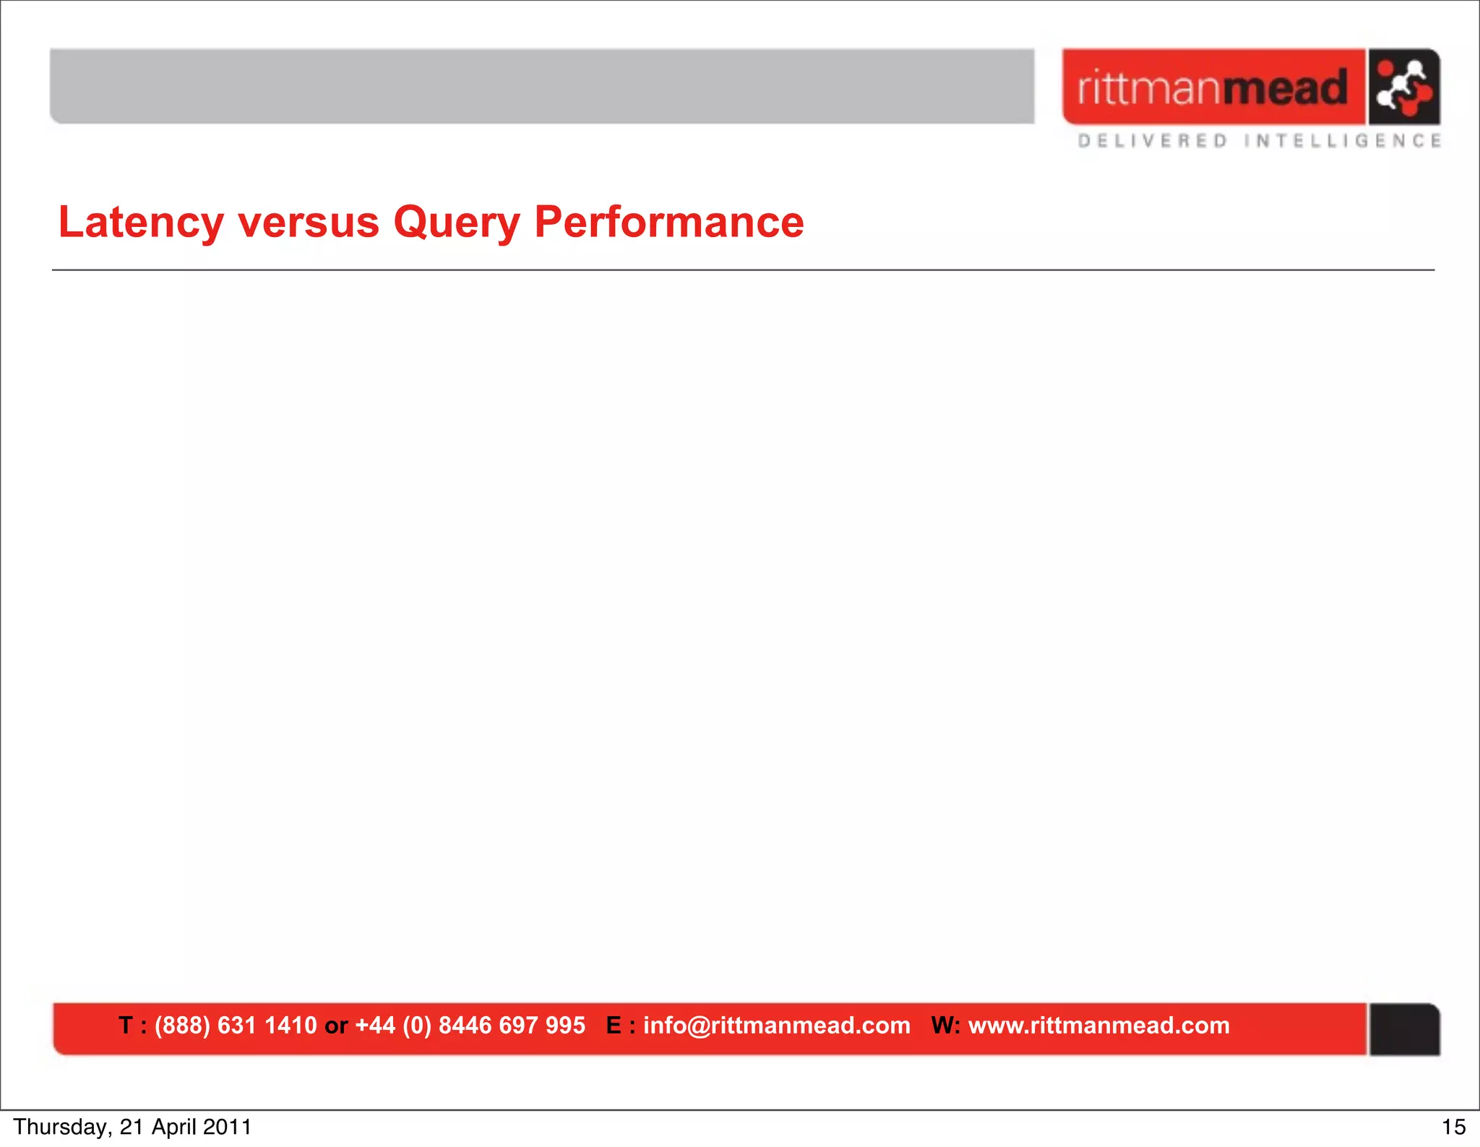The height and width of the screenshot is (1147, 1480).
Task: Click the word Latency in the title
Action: (x=141, y=222)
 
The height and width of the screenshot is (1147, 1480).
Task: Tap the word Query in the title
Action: (x=456, y=222)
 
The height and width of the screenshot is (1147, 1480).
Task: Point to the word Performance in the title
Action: (x=668, y=222)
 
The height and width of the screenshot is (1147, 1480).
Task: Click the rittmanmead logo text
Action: (x=1213, y=87)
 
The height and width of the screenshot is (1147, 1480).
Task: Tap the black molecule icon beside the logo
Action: (x=1403, y=87)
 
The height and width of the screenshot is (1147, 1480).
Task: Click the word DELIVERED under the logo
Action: (x=1153, y=141)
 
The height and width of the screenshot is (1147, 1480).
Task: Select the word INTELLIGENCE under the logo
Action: (x=1343, y=141)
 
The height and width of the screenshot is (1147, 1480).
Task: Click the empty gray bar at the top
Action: (x=542, y=86)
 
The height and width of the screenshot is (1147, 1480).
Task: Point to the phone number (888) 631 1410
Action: (x=236, y=1026)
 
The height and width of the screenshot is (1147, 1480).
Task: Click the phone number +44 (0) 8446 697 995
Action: (x=470, y=1026)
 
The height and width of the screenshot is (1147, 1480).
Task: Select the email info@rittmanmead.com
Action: (x=777, y=1026)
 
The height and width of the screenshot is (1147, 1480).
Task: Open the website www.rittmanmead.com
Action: (x=1098, y=1026)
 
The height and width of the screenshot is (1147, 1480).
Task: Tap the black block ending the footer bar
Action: (x=1404, y=1029)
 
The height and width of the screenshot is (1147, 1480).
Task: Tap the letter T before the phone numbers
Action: (x=126, y=1026)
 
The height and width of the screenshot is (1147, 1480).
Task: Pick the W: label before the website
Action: (x=945, y=1026)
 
